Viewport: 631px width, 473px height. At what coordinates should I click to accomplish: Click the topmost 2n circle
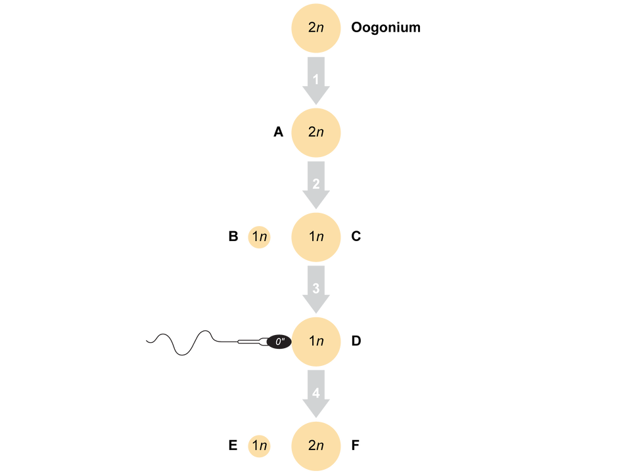point(316,28)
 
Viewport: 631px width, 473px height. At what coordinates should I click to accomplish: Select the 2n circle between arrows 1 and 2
point(316,132)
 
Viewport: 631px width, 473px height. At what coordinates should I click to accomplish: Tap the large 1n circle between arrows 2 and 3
point(316,236)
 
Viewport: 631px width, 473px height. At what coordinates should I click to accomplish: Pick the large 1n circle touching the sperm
point(316,342)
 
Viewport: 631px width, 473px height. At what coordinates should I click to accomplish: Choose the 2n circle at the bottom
point(316,445)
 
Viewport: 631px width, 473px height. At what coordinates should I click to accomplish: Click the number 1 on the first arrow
point(316,80)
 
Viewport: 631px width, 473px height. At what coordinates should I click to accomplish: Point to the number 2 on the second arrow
point(316,185)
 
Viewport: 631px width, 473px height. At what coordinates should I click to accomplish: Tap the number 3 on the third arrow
point(316,289)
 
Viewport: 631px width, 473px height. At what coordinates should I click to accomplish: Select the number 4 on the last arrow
point(316,394)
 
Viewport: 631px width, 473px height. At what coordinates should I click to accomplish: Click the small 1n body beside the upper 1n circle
point(260,236)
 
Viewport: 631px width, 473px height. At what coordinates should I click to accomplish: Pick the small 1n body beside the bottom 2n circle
point(260,445)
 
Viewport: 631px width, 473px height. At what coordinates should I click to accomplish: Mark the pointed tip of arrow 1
point(316,105)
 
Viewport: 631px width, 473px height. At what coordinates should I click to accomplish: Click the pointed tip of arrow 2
point(316,210)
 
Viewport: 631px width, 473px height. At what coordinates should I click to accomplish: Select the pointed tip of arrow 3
point(316,314)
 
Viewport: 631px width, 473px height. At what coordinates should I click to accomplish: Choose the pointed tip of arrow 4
point(316,418)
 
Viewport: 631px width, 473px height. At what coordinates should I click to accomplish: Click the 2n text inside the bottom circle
point(316,445)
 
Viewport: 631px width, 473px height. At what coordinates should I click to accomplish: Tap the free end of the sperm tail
point(147,340)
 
